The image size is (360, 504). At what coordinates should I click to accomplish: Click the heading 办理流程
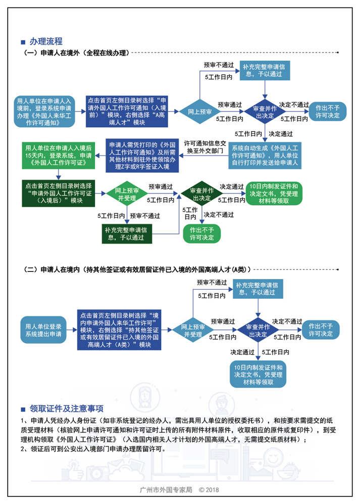45,41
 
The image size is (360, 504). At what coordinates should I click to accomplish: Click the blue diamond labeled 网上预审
199,111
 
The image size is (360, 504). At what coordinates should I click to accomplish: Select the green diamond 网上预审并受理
124,195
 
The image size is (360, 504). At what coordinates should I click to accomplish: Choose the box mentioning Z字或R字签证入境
142,155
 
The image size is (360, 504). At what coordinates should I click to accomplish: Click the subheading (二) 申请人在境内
136,270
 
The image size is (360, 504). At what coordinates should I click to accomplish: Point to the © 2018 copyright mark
209,490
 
